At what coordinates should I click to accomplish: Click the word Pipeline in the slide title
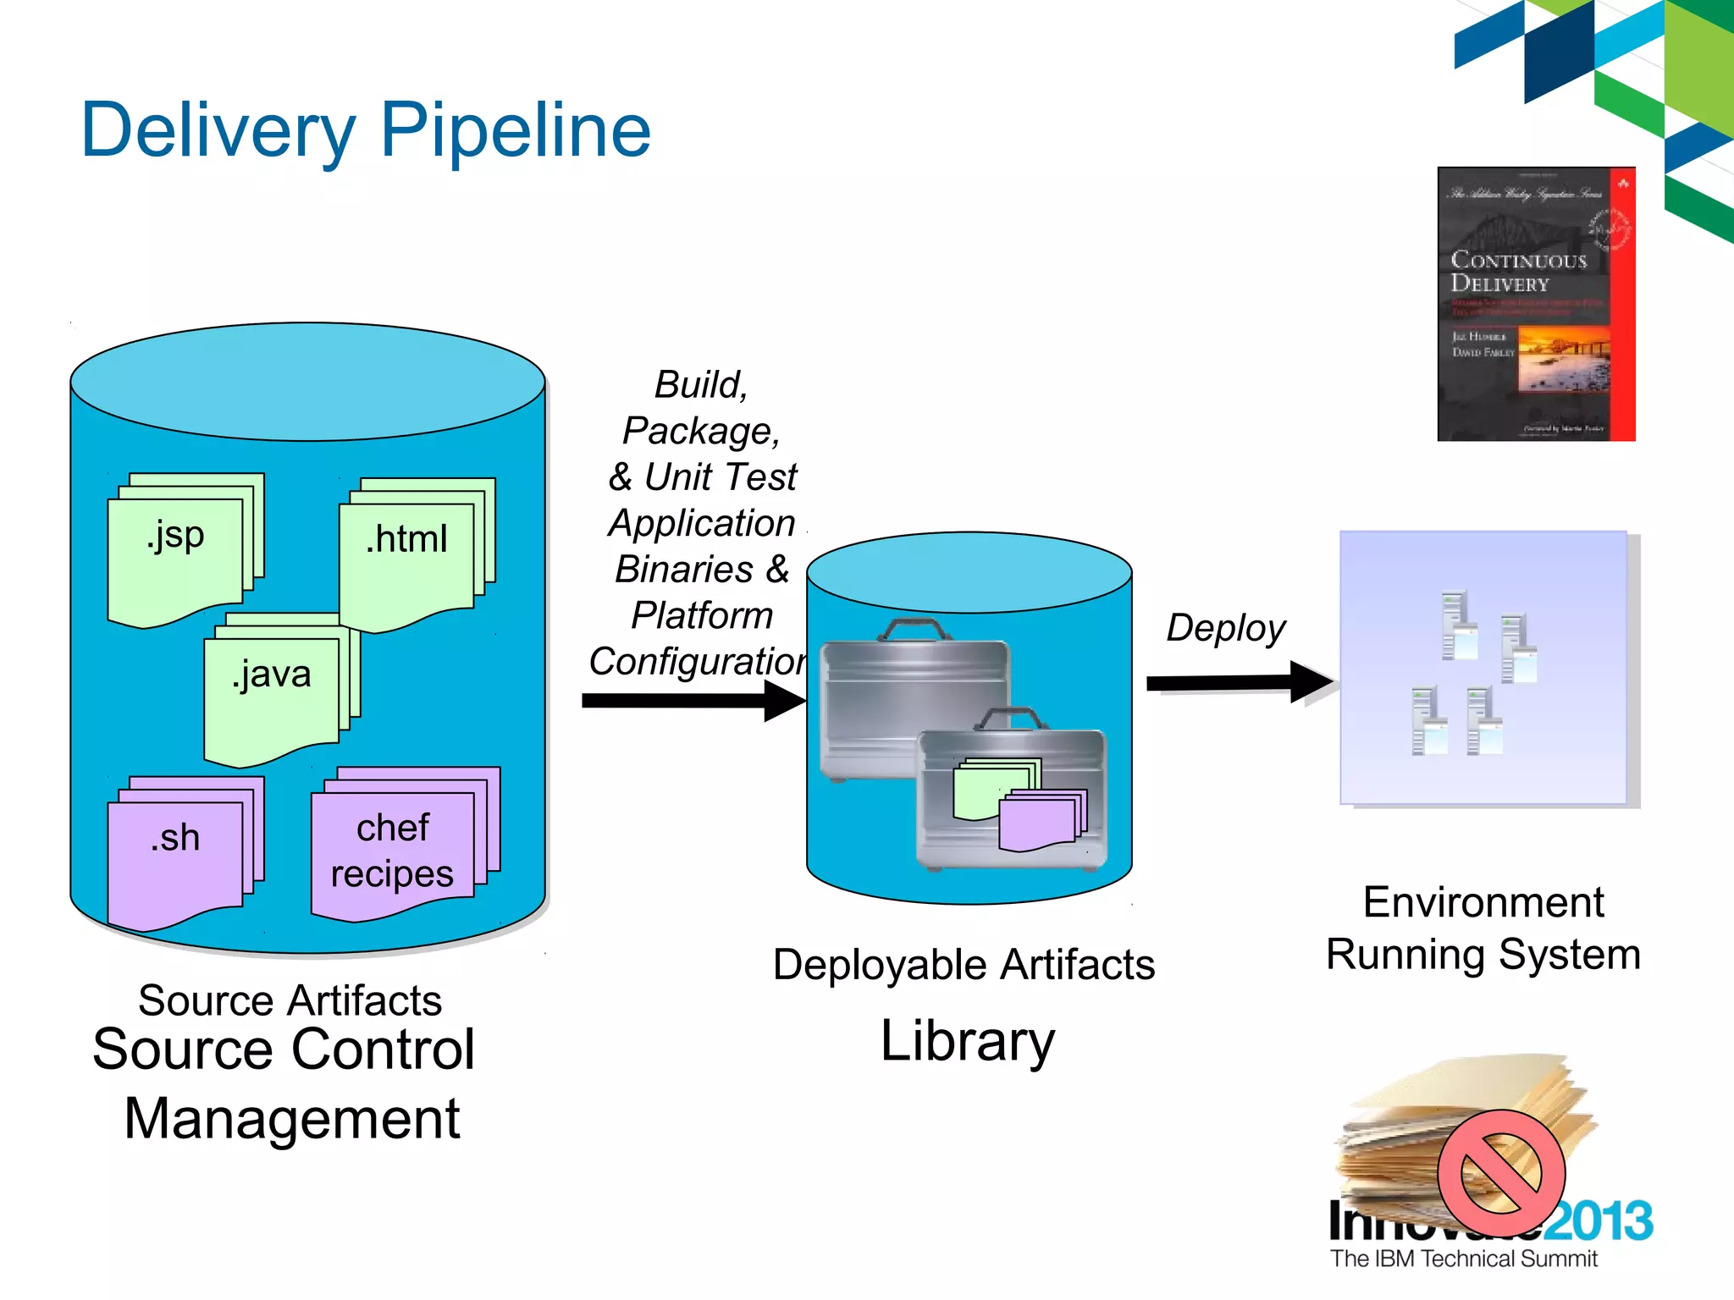tap(516, 131)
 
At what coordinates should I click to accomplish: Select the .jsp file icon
tap(176, 554)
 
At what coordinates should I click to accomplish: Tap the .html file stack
tap(407, 559)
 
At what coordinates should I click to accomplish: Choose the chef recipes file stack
tap(393, 851)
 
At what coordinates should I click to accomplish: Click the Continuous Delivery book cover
tap(1535, 304)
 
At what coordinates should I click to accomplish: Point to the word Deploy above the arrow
tap(1225, 628)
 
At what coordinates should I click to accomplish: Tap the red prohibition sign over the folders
tap(1501, 1173)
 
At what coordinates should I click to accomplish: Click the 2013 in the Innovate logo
tap(1604, 1221)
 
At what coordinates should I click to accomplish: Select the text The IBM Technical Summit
tap(1463, 1259)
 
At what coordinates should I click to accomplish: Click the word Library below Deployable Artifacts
tap(967, 1041)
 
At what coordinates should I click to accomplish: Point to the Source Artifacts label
tap(290, 1000)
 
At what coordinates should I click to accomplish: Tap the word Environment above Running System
tap(1483, 902)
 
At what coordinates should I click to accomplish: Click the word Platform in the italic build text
tap(702, 615)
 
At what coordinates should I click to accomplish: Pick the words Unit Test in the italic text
tap(721, 477)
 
